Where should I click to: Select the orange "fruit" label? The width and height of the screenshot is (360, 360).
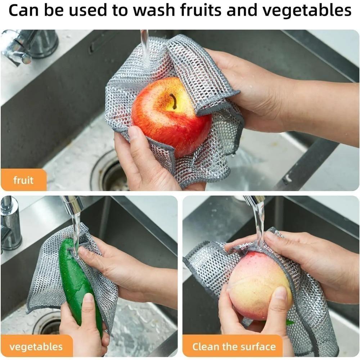tap(23, 180)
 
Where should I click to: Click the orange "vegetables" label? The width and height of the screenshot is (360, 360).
tap(36, 347)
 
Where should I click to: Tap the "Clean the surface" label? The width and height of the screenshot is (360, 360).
tap(234, 347)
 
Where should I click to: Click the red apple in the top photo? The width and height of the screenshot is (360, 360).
tap(169, 115)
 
